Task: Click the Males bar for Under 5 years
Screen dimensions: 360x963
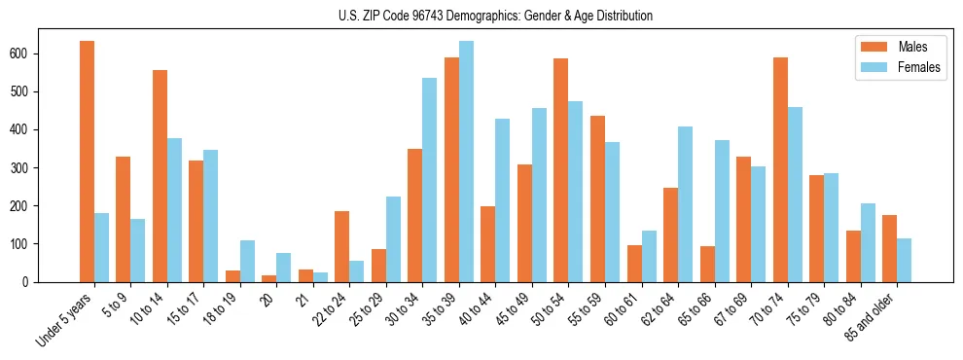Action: tap(88, 162)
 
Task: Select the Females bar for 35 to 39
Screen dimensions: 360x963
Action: tap(467, 162)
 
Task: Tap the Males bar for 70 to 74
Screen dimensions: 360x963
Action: tap(780, 169)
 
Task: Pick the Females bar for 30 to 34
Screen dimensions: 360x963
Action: tap(430, 180)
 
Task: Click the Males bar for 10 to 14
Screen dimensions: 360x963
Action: tap(160, 176)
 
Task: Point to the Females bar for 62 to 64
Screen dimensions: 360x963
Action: tap(686, 204)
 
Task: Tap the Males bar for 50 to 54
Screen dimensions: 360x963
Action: tap(561, 170)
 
